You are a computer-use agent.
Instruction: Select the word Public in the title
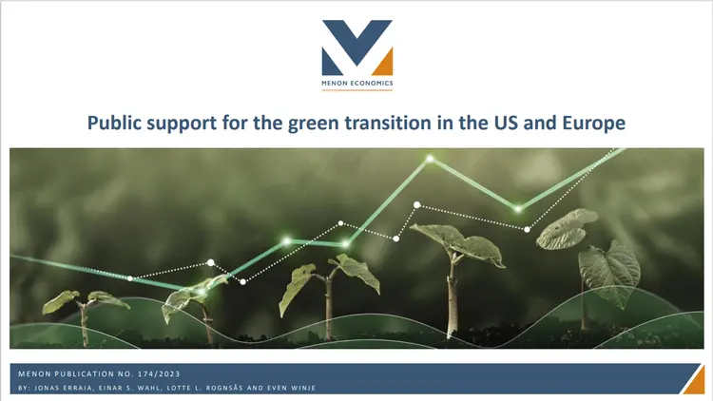click(116, 124)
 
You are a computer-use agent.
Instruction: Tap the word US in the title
click(492, 124)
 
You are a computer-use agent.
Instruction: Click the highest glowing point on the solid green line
click(430, 158)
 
